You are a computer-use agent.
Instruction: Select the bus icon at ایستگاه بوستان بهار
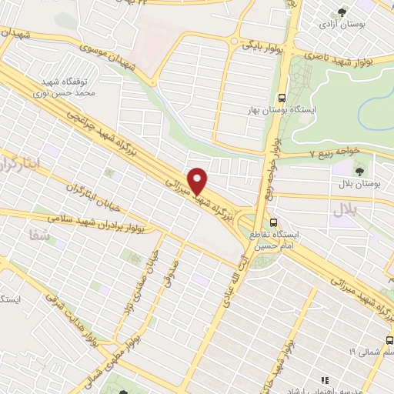point(282,98)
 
